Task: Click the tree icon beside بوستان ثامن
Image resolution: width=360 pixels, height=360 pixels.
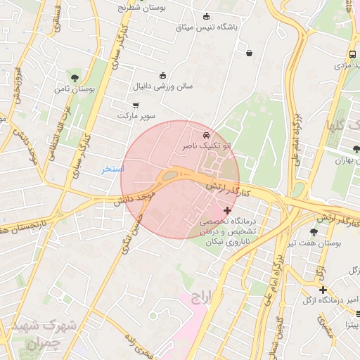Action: pyautogui.click(x=75, y=78)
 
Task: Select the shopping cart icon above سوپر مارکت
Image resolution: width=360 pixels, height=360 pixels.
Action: pyautogui.click(x=136, y=105)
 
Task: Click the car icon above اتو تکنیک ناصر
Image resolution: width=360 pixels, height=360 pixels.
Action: pyautogui.click(x=205, y=134)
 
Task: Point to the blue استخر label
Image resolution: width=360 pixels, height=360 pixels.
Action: pyautogui.click(x=112, y=169)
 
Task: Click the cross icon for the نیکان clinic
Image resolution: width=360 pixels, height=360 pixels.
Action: pyautogui.click(x=226, y=210)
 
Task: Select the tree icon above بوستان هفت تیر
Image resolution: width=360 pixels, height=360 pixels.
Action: pyautogui.click(x=314, y=231)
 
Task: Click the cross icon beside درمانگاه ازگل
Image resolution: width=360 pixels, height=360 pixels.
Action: pyautogui.click(x=322, y=290)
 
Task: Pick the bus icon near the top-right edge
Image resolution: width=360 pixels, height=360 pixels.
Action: pyautogui.click(x=352, y=54)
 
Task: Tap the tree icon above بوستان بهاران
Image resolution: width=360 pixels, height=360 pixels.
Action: pyautogui.click(x=357, y=149)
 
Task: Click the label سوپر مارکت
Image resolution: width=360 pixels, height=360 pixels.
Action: pyautogui.click(x=136, y=115)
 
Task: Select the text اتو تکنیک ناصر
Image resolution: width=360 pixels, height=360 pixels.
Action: pyautogui.click(x=205, y=145)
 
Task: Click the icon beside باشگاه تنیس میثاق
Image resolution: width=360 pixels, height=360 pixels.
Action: pyautogui.click(x=206, y=17)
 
